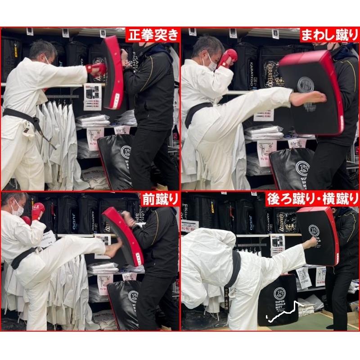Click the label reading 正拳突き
(x=153, y=35)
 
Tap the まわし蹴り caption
(x=329, y=35)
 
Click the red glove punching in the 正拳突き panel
(x=96, y=68)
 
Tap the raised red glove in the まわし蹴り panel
(x=228, y=57)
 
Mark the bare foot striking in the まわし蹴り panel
(x=309, y=97)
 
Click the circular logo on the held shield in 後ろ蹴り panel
(x=314, y=230)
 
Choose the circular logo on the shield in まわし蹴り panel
(x=306, y=84)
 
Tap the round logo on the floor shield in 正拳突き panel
(x=126, y=152)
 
